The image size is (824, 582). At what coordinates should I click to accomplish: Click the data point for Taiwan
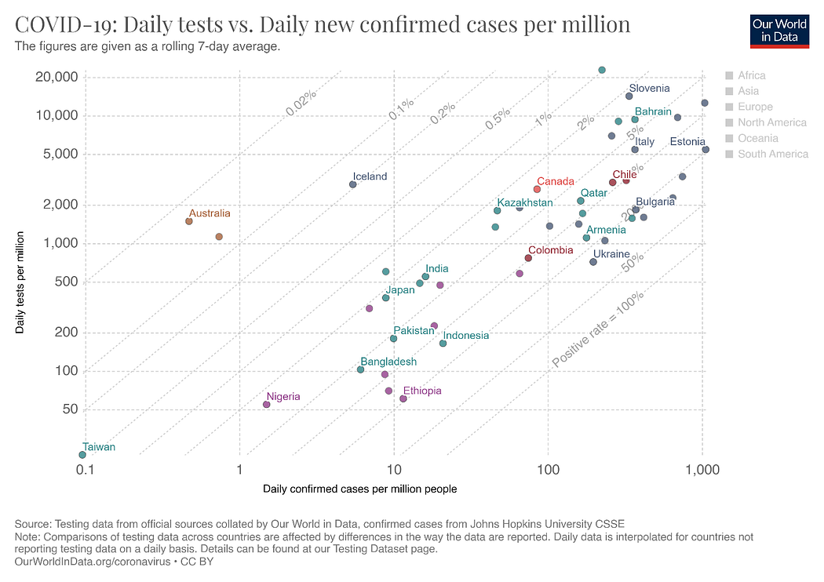click(x=82, y=455)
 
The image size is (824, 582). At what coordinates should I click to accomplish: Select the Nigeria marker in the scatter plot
click(x=267, y=405)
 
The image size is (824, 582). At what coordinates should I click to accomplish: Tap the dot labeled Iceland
click(x=353, y=184)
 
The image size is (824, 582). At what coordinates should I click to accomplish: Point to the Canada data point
click(x=537, y=189)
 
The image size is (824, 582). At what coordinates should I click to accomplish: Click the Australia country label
click(x=210, y=213)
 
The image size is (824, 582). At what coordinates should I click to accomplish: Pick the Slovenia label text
click(x=649, y=89)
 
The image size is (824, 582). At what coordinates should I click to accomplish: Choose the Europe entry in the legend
click(x=755, y=107)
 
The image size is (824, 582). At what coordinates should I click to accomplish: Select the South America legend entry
click(x=772, y=154)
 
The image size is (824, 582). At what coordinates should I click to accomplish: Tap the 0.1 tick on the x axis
click(x=86, y=470)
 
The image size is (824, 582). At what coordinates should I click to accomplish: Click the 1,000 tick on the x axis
click(x=702, y=470)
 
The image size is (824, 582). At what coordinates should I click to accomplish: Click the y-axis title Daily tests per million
click(x=20, y=282)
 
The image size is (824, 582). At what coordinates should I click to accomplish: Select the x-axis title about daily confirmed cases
click(x=359, y=489)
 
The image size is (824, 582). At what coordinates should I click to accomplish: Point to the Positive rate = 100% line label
click(x=598, y=329)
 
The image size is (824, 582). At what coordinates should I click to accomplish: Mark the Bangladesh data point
click(x=361, y=369)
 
